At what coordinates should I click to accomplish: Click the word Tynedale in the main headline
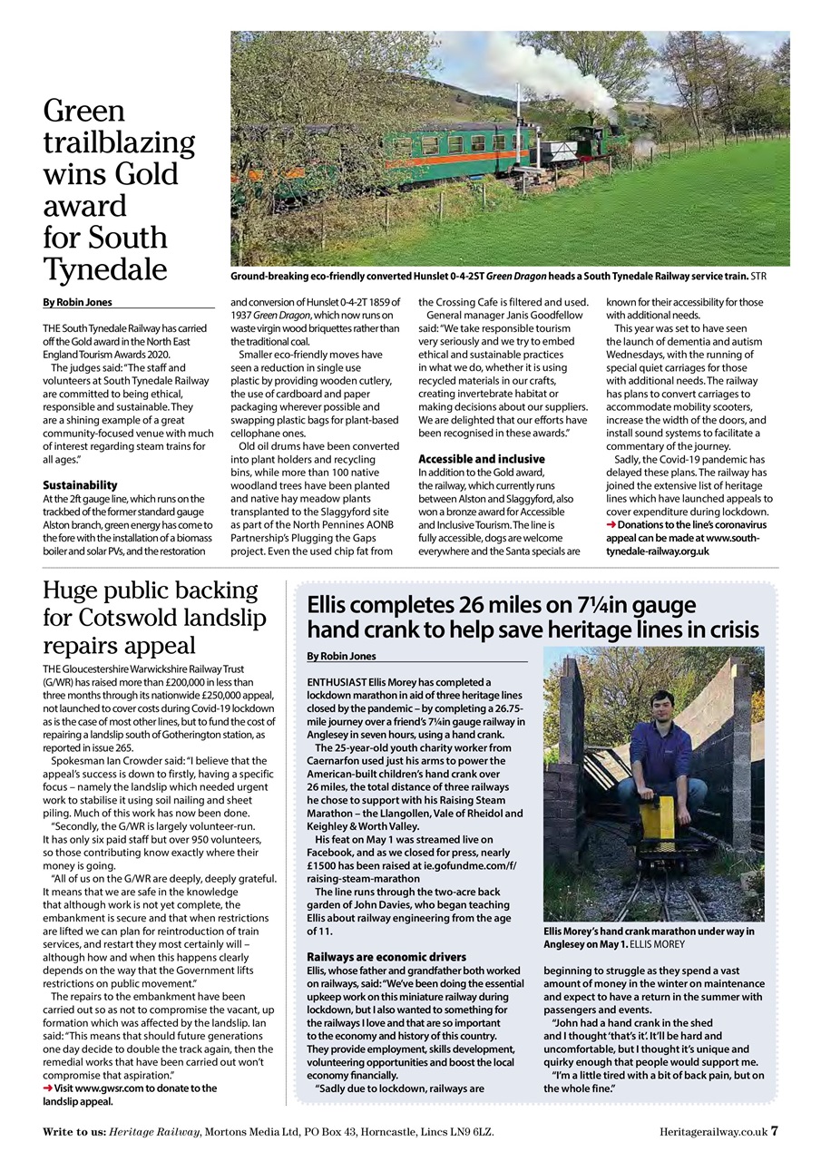coord(105,268)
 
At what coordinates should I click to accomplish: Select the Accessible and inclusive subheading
coord(481,459)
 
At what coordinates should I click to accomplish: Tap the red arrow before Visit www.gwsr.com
coord(48,1088)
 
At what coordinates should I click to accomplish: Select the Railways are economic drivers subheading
coord(386,957)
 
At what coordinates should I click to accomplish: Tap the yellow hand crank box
coord(657,817)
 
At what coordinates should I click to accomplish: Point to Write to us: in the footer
coord(73,1131)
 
